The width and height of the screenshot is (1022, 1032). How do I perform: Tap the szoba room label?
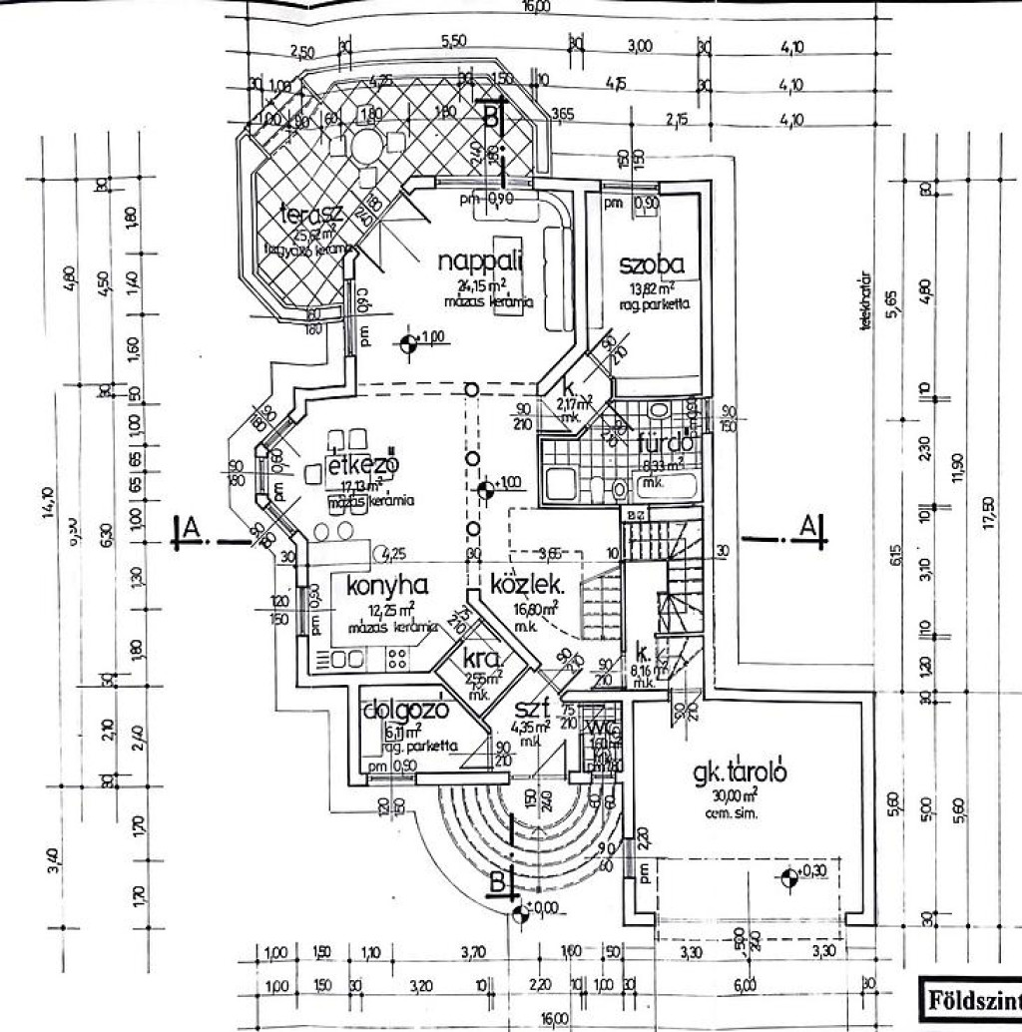(651, 264)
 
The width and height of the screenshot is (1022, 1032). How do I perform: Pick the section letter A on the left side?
(186, 529)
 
